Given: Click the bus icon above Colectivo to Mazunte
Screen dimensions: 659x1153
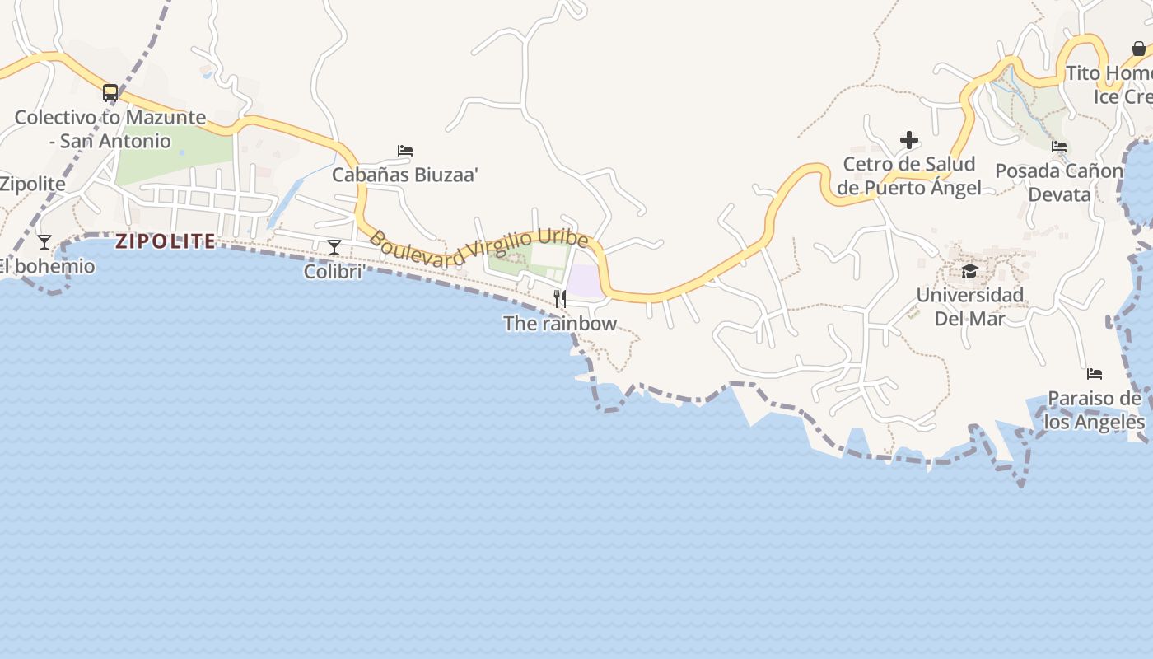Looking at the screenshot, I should coord(110,92).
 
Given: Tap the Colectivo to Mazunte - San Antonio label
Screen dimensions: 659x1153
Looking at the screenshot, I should coord(110,129).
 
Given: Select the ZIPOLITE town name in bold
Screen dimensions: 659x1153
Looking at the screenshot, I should coord(166,241).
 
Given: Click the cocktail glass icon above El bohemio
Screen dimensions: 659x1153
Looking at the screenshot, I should coord(44,242).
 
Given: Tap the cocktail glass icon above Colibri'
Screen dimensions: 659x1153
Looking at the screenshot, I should coord(334,246).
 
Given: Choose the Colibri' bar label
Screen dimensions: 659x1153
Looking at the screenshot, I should coord(334,271).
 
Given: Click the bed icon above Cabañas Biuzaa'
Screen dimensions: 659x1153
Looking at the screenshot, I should coord(405,151).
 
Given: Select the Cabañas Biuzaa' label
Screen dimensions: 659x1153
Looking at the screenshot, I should coord(405,175).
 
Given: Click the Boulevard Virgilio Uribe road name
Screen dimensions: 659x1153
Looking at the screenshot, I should coord(478,247).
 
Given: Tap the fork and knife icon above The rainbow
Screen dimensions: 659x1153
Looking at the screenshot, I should coord(560,298).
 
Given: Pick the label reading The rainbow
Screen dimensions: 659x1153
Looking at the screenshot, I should coord(560,323).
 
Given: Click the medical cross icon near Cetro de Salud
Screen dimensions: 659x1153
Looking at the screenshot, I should coord(909,140).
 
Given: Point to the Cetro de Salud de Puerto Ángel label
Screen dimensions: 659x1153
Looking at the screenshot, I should coord(909,175).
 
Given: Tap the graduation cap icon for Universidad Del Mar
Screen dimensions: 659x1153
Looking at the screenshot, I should coord(970,271).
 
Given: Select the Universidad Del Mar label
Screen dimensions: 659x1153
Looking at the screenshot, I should coord(970,306).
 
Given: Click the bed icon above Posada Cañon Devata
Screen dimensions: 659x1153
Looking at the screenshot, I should coord(1059,147).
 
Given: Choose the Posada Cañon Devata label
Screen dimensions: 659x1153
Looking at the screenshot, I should coord(1059,182).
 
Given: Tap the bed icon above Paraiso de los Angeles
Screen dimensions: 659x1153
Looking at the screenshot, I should coord(1095,374).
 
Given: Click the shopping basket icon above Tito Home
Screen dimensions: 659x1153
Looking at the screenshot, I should coord(1138,49).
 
